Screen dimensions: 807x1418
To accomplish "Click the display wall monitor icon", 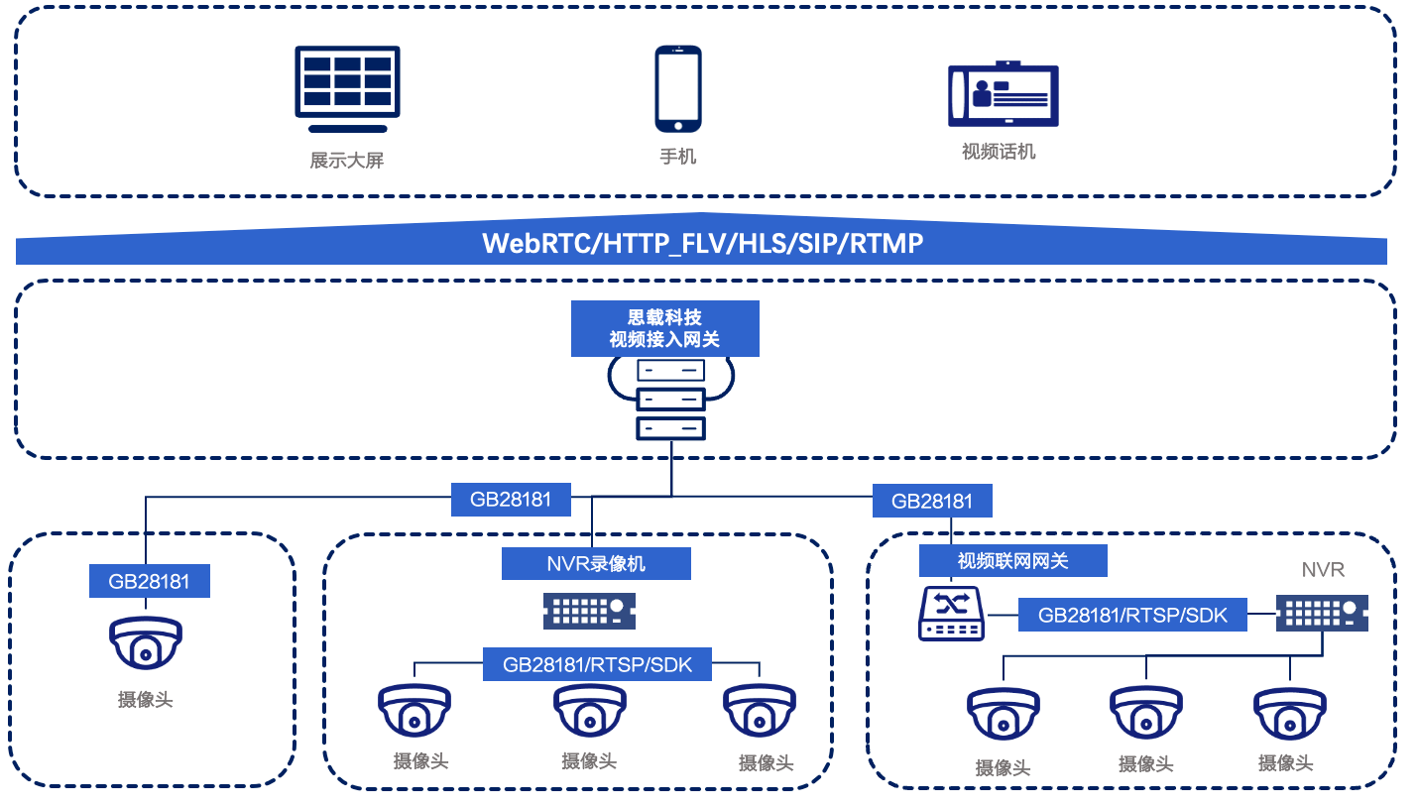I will [x=347, y=88].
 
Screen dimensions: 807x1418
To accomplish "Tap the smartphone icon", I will [x=678, y=88].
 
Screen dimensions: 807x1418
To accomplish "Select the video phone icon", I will [x=1003, y=95].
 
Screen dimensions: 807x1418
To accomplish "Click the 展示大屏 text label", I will [x=346, y=160].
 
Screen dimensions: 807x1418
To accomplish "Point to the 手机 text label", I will [x=678, y=157].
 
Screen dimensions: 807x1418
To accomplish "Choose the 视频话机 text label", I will [x=999, y=152].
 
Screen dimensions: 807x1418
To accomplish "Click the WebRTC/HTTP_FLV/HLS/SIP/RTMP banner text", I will [x=702, y=244].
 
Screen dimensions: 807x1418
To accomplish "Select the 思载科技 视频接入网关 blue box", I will [x=664, y=328].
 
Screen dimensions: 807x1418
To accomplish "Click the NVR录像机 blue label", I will [x=596, y=564].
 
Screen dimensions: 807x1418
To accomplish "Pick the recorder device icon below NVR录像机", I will [x=589, y=611].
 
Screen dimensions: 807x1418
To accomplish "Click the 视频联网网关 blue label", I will [x=1012, y=561].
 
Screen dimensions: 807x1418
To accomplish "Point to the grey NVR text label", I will [x=1323, y=570].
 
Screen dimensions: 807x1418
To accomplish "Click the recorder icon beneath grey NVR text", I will [x=1322, y=614].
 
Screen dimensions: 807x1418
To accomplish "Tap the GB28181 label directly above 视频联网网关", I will [x=932, y=501].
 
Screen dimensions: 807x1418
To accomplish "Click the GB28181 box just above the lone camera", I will [x=150, y=581].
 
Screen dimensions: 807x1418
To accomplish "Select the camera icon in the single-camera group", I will [x=146, y=645].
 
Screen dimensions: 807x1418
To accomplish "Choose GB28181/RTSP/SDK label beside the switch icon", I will [x=1132, y=616].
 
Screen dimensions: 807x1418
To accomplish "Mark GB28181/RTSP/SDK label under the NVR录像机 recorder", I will [x=597, y=664].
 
